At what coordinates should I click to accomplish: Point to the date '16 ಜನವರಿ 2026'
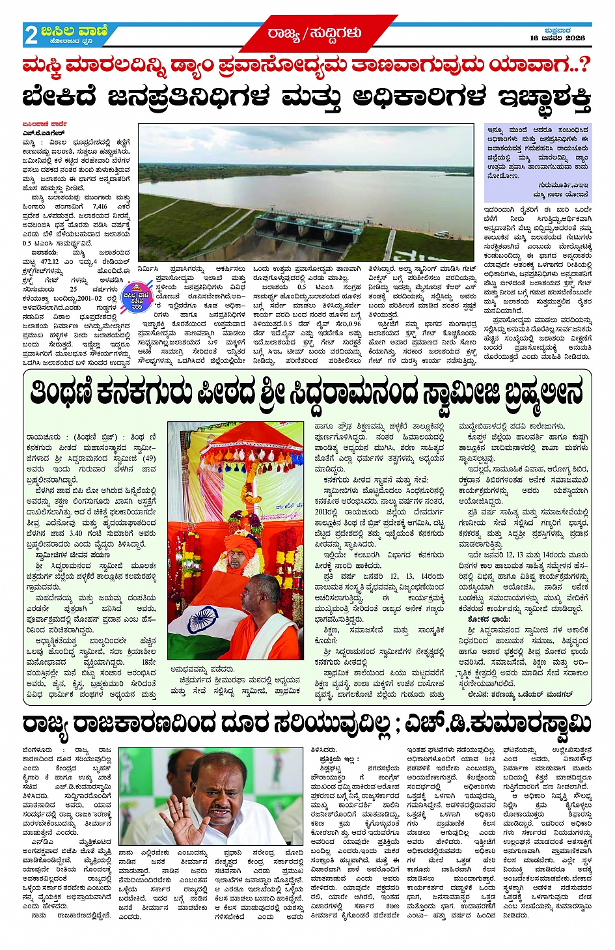[x=557, y=38]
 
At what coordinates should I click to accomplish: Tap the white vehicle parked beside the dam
[x=441, y=234]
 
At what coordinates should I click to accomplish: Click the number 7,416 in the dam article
[x=100, y=206]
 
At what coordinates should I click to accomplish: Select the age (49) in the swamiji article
[x=148, y=458]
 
